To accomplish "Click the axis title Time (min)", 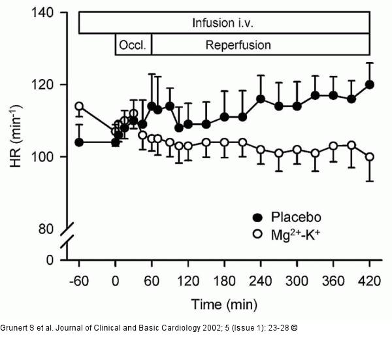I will click(x=224, y=305).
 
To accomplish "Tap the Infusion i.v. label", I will click(x=223, y=23).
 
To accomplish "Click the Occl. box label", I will click(x=133, y=46).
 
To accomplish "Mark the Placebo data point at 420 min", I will click(x=370, y=84).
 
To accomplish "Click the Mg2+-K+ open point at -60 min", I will click(x=79, y=106).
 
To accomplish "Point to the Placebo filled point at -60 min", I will click(x=79, y=142).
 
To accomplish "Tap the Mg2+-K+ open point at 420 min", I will click(x=370, y=157).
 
